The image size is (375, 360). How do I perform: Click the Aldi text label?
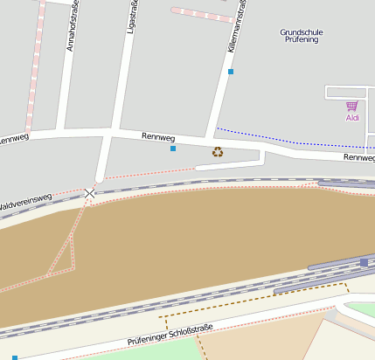(x=352, y=117)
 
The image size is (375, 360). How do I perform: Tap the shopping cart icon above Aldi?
(x=352, y=106)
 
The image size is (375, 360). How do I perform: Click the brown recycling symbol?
(x=218, y=152)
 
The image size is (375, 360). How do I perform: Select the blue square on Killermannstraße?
(x=231, y=72)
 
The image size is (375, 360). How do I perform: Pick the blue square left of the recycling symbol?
(x=173, y=149)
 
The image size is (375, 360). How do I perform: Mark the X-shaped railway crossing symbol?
(x=90, y=192)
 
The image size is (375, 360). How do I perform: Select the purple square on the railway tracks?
(x=364, y=262)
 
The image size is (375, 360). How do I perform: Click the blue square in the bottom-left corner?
(x=14, y=357)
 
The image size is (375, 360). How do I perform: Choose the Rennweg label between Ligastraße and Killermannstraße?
(x=158, y=138)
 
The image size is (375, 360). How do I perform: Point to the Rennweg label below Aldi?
(x=358, y=157)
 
